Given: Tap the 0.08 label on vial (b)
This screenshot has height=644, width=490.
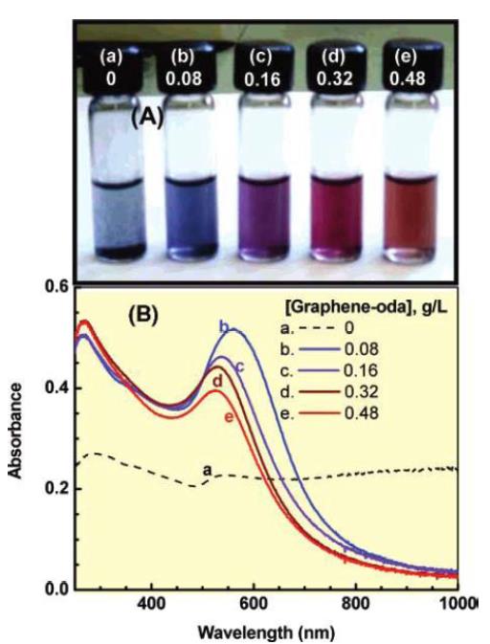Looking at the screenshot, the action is (x=184, y=78).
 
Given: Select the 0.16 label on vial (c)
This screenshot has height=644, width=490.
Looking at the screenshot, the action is (x=262, y=78).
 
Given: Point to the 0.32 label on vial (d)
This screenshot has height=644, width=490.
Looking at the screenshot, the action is (x=334, y=78).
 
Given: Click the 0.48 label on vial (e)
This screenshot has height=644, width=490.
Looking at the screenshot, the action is (x=407, y=78).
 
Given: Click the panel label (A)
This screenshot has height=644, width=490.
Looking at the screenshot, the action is (x=147, y=118).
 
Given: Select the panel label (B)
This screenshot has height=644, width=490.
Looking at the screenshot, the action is (x=143, y=315).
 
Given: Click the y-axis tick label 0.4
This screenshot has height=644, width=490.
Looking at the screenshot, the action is (x=55, y=388).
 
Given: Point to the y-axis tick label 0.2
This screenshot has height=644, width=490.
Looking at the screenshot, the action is (x=55, y=488).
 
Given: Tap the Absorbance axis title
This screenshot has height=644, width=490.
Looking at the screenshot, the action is (x=15, y=432).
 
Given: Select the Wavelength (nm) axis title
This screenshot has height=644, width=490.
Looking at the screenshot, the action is (x=266, y=633).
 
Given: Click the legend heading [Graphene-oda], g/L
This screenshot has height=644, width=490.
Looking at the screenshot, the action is (x=367, y=308).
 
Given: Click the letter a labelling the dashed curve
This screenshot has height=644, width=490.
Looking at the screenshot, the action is (x=209, y=470).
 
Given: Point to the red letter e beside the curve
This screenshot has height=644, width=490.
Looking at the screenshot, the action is (x=229, y=417).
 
